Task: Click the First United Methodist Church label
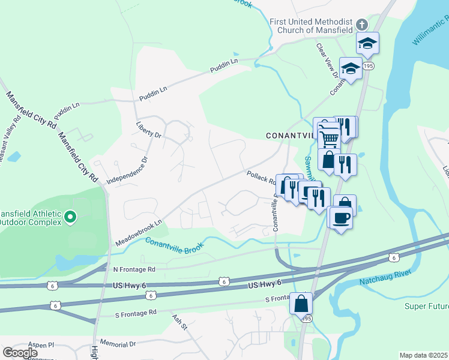point(311,26)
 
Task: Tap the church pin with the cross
point(361,25)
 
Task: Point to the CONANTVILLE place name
point(291,136)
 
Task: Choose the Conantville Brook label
point(174,243)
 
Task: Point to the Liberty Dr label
point(149,130)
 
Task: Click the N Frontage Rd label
point(134,269)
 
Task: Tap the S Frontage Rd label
point(136,313)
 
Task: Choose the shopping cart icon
point(328,139)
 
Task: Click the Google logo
point(20,353)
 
